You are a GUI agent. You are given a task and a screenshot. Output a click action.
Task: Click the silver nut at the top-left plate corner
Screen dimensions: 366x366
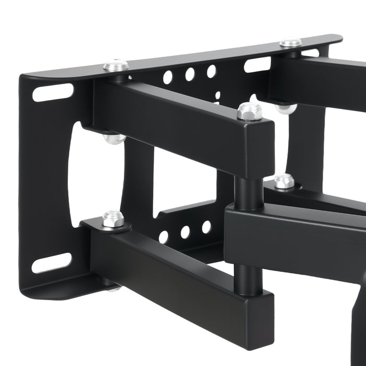click(116, 65)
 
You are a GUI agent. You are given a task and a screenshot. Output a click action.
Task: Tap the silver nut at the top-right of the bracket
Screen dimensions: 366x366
click(291, 42)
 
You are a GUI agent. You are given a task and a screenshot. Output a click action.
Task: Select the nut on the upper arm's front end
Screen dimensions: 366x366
click(249, 111)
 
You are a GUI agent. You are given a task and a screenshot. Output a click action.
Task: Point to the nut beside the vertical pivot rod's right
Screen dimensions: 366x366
click(284, 181)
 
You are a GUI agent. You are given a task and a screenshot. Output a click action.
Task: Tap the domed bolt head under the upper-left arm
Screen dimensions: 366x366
click(114, 139)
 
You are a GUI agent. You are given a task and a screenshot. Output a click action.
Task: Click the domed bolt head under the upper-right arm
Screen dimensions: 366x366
click(287, 108)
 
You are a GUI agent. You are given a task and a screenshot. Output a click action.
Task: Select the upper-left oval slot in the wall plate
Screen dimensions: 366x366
click(53, 92)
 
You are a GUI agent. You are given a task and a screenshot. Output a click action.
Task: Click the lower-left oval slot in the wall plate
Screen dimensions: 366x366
click(51, 263)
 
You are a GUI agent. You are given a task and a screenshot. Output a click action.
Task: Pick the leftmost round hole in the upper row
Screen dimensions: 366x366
click(167, 77)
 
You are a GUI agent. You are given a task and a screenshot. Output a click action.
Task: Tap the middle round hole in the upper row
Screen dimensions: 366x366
click(190, 74)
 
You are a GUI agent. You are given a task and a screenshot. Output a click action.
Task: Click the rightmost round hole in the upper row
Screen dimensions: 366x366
click(211, 71)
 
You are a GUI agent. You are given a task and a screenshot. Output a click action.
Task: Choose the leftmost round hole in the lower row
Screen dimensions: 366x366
click(164, 237)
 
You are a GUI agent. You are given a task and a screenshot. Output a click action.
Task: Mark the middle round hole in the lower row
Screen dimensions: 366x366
click(186, 232)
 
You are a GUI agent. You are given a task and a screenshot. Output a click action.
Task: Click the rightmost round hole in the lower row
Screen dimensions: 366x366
click(207, 227)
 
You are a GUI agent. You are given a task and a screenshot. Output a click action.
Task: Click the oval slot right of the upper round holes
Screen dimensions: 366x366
click(257, 64)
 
